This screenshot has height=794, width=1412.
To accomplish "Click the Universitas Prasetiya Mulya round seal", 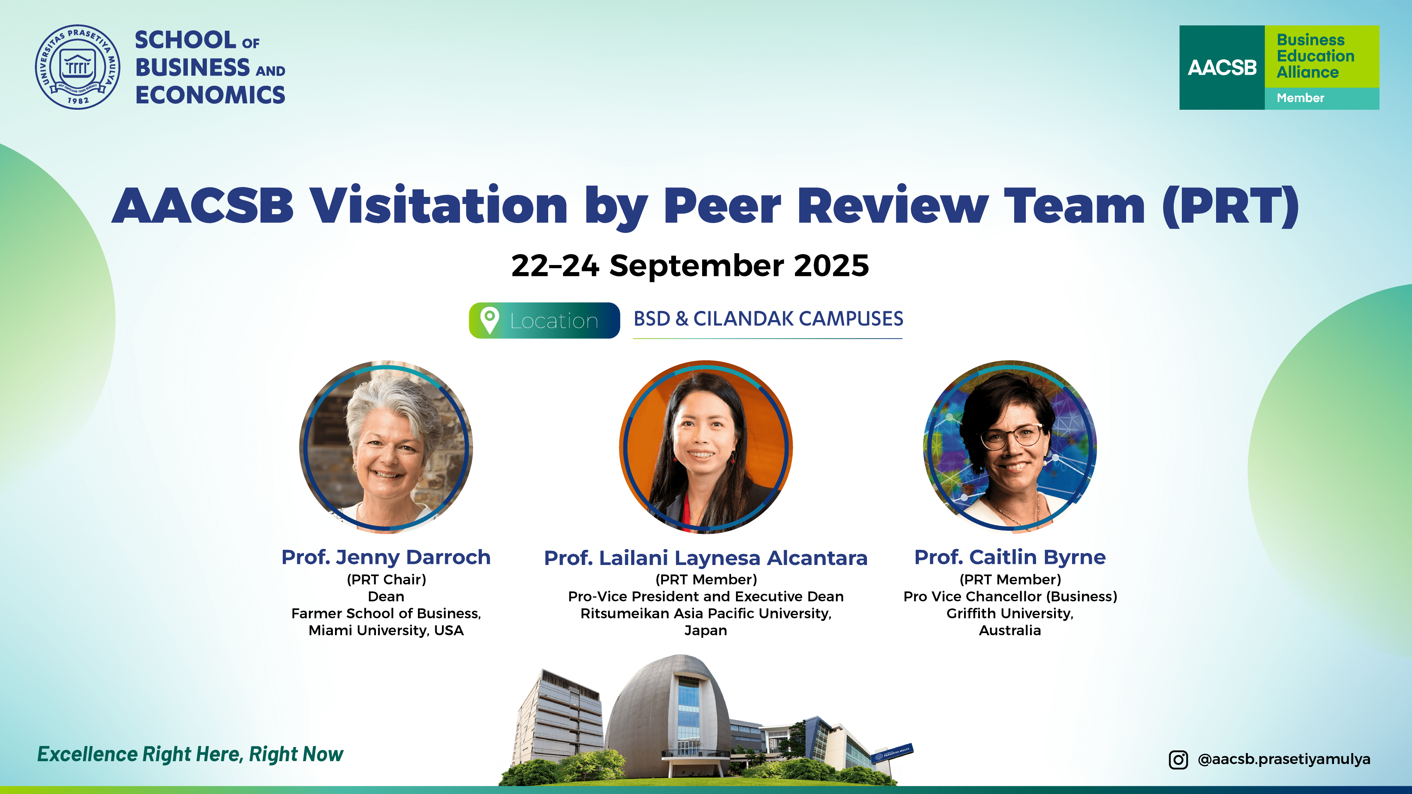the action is (77, 67).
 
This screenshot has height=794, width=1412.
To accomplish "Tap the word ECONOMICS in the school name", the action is (210, 95).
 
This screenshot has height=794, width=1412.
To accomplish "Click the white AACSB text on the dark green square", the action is (1222, 67).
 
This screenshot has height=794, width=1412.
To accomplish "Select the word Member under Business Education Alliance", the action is (1300, 98).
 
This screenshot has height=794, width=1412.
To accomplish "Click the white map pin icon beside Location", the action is (489, 320).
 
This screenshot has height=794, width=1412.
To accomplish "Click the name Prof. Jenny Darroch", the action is (386, 557).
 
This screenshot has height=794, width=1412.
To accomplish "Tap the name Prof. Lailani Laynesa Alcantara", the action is (705, 558).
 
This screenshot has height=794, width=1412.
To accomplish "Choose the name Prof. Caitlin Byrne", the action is (1010, 557).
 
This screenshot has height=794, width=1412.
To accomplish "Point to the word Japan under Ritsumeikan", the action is (705, 631).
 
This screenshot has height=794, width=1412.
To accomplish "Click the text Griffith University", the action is (1009, 613).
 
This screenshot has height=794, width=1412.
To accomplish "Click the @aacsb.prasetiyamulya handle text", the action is (1284, 759).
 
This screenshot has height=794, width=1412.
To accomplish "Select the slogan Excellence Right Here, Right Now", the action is (190, 754).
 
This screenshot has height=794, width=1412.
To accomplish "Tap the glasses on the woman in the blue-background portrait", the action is (1011, 436).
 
